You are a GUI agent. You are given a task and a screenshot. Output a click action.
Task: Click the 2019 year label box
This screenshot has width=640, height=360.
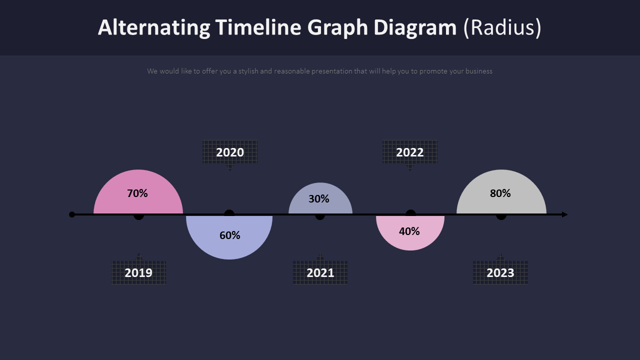138,272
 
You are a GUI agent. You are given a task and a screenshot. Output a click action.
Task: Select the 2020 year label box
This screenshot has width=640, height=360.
230,152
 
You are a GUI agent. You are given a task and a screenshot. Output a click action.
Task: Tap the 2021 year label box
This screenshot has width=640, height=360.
320,272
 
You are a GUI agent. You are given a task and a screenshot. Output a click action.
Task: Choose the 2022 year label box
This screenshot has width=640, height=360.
410,152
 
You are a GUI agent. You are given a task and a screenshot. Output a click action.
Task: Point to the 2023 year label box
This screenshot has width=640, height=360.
500,272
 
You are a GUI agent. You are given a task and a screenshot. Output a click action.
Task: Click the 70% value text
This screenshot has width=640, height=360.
137,193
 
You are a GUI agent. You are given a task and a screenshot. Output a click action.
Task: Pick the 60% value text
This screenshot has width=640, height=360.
230,235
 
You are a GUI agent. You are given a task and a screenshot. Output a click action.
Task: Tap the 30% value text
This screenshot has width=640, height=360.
319,198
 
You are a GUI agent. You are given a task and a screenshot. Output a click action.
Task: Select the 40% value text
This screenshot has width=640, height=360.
409,231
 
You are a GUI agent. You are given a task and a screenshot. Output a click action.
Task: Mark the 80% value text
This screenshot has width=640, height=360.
500,193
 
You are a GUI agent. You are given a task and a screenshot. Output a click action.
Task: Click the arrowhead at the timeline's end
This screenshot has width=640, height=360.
564,214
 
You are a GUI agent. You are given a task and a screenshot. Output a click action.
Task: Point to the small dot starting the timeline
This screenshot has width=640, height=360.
72,214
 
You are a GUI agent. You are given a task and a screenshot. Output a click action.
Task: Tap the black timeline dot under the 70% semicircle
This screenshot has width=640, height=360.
138,215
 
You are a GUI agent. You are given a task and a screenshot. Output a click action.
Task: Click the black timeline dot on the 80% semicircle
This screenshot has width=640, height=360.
501,215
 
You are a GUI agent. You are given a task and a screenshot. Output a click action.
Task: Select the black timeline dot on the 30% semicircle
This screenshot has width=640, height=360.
320,215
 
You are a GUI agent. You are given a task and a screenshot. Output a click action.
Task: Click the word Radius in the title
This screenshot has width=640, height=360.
502,27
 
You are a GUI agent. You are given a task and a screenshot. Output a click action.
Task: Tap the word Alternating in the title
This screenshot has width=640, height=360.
154,27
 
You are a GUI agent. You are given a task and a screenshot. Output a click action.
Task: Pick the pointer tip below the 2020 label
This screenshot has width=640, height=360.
230,168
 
